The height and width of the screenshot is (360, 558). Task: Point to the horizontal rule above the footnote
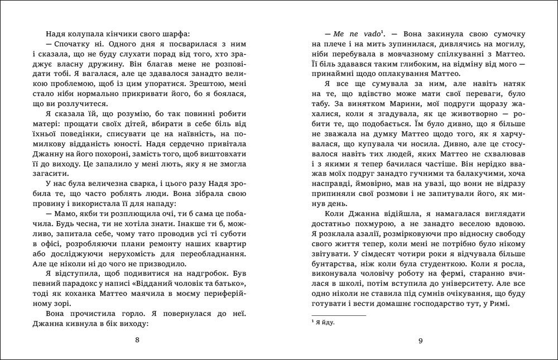click(338, 316)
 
